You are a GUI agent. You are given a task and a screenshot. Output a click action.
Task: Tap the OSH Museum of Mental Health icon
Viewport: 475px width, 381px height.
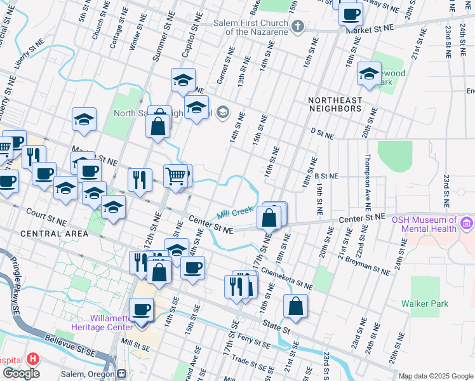(x=468, y=224)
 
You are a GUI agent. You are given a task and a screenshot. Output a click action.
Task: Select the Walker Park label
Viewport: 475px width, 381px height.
(x=425, y=304)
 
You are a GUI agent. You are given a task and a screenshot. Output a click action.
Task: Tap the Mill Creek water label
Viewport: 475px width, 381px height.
(x=236, y=212)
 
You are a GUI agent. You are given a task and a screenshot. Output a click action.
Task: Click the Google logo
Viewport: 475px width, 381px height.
(x=21, y=373)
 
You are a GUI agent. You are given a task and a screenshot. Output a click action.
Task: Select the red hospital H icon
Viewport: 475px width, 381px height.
(x=34, y=359)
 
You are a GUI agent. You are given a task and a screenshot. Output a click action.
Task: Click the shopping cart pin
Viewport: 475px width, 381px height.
(x=177, y=175)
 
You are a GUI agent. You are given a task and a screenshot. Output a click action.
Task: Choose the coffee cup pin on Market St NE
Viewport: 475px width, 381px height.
(x=351, y=14)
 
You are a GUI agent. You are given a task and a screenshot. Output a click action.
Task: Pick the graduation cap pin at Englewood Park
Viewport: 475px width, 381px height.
(x=369, y=74)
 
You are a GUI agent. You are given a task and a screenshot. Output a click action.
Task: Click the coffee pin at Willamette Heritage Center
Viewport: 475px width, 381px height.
(x=142, y=310)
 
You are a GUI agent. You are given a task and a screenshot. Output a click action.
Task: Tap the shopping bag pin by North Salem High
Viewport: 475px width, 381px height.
(x=158, y=126)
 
